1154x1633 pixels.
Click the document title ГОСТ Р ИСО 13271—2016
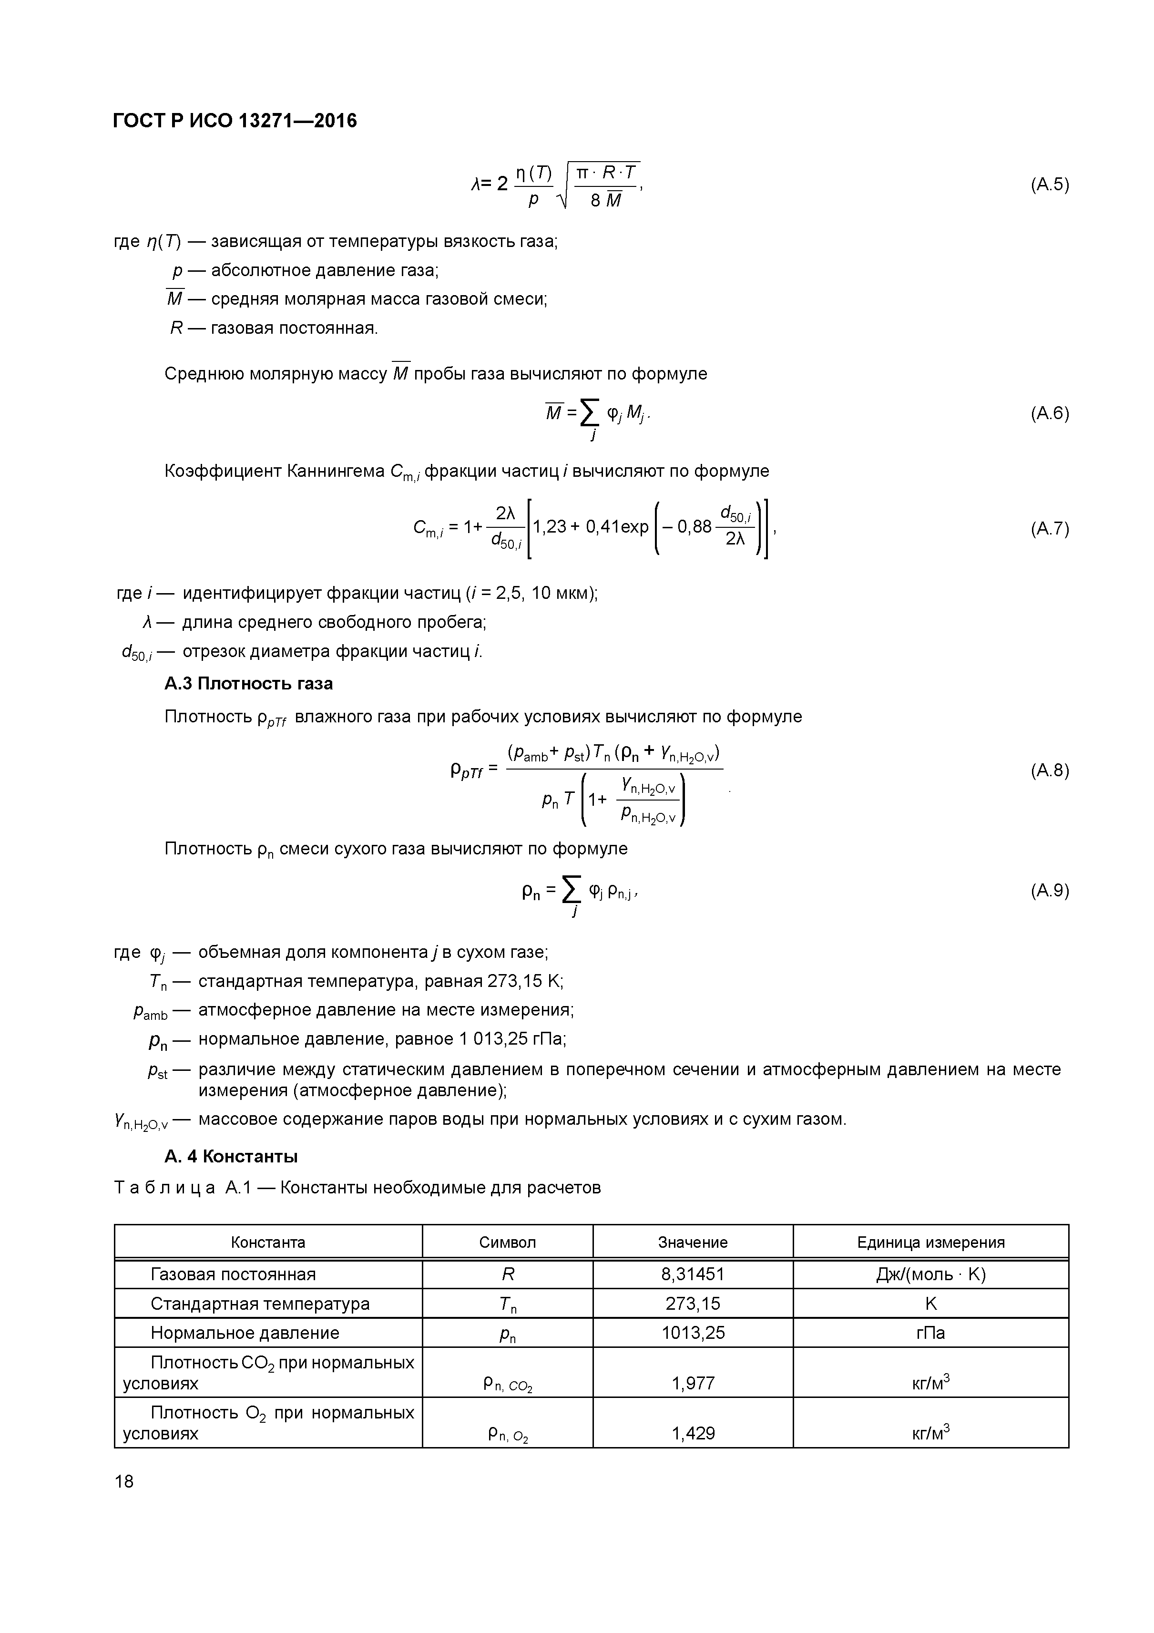pos(235,121)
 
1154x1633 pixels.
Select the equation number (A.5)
pos(1049,185)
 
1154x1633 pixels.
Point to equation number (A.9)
pos(1049,891)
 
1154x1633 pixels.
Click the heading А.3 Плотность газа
pos(248,684)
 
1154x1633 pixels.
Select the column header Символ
pos(507,1242)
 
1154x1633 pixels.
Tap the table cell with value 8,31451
pos(693,1274)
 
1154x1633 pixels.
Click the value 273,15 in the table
pos(693,1303)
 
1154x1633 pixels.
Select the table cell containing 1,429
pos(693,1433)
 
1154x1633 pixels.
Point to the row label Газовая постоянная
pos(233,1274)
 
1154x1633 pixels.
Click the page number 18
pos(124,1481)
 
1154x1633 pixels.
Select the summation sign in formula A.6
pos(589,412)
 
